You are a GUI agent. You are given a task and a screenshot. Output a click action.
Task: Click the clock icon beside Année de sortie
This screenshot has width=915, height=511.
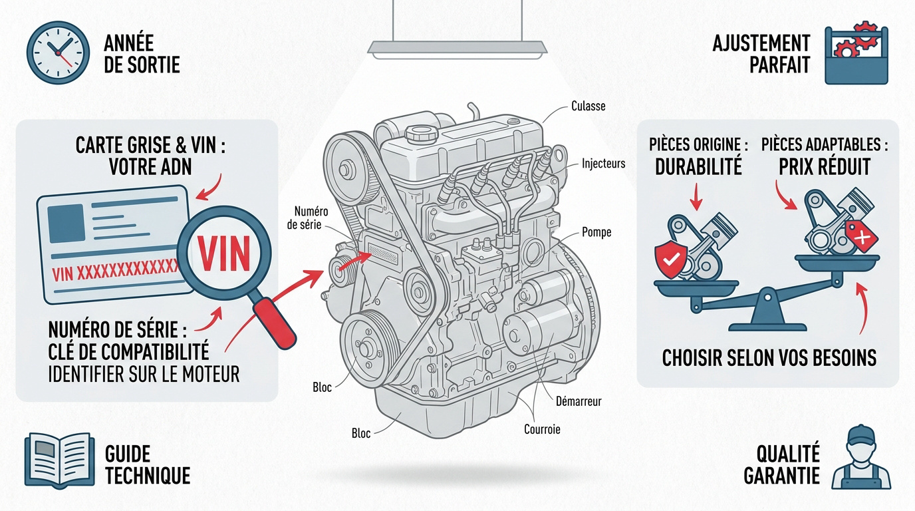(x=58, y=53)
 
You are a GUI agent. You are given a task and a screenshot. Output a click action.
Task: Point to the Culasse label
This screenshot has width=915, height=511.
(x=588, y=106)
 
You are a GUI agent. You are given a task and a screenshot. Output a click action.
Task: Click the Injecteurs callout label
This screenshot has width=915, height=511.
(x=603, y=163)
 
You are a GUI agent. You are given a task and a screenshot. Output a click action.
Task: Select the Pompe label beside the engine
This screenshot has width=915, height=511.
(x=596, y=232)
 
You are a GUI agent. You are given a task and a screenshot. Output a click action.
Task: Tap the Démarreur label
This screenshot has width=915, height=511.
(x=578, y=401)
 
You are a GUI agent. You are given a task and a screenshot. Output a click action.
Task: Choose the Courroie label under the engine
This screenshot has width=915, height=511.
(x=542, y=429)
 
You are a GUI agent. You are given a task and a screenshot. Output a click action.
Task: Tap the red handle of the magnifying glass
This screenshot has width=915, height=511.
(x=274, y=321)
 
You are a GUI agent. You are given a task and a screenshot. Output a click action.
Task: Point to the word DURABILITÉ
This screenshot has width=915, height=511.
(x=698, y=166)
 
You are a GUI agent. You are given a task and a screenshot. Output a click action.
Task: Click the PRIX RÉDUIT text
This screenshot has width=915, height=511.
(x=825, y=166)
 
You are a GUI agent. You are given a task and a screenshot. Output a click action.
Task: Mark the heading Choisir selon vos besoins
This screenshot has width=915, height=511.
(x=769, y=358)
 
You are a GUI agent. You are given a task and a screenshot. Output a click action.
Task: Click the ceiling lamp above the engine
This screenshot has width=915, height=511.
(x=458, y=48)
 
